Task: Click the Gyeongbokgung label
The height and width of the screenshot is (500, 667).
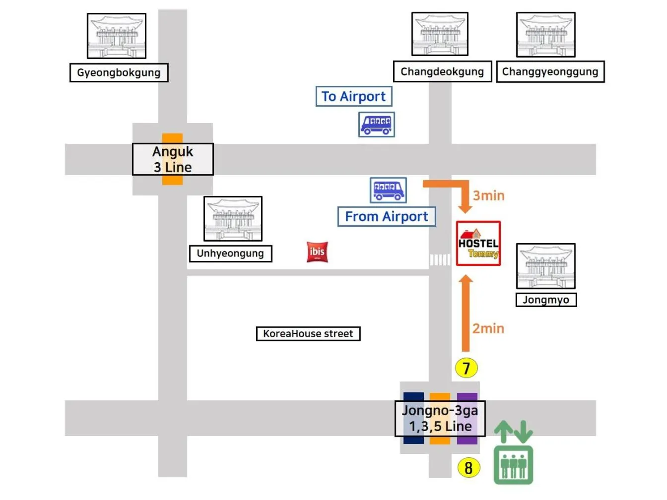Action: click(x=119, y=72)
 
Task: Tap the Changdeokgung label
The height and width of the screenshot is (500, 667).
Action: click(x=442, y=71)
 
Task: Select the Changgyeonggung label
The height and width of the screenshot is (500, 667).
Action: click(x=550, y=71)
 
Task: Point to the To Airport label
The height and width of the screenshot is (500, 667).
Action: click(x=353, y=96)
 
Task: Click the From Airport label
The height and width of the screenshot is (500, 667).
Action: click(x=386, y=217)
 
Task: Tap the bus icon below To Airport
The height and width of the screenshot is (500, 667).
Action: click(x=377, y=124)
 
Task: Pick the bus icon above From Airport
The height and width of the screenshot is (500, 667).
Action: click(x=388, y=190)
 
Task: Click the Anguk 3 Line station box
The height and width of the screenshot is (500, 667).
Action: click(x=173, y=159)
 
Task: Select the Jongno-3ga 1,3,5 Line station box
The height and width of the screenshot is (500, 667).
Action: click(x=440, y=418)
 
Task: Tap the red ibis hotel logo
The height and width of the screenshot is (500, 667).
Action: click(x=317, y=252)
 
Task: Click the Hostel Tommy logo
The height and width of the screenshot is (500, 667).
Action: click(x=478, y=243)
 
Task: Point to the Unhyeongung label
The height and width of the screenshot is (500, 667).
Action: click(x=230, y=253)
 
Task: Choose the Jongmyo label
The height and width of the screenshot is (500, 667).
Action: click(x=546, y=300)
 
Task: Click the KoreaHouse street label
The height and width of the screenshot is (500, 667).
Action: click(x=308, y=334)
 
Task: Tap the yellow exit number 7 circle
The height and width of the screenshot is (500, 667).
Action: click(x=466, y=368)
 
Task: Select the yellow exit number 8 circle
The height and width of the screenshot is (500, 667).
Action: click(x=468, y=467)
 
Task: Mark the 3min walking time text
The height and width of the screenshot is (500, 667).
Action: click(x=488, y=195)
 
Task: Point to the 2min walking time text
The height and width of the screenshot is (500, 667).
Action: click(x=488, y=328)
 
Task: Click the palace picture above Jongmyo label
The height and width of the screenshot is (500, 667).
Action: click(x=545, y=266)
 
